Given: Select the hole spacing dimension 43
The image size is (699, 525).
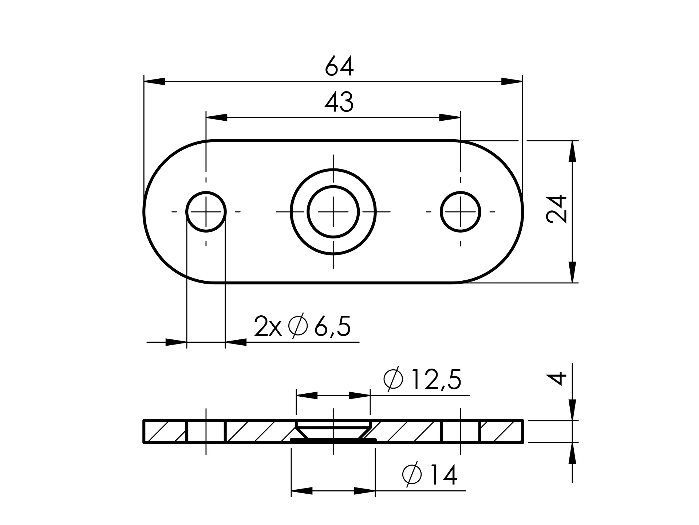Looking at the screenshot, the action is click(339, 102).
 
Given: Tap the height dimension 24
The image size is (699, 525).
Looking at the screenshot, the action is click(557, 209).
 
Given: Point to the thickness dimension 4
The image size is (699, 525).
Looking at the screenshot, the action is click(557, 378).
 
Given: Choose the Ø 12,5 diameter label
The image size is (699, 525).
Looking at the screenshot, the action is click(423, 380).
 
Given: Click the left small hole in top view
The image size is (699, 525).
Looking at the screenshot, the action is click(206, 211).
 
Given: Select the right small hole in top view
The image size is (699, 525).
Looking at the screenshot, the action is click(461, 211).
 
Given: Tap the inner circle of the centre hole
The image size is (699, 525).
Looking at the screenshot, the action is click(333, 211).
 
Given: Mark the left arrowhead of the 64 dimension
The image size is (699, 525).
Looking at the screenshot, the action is click(155, 81).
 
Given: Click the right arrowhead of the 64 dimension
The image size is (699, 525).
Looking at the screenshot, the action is click(512, 81).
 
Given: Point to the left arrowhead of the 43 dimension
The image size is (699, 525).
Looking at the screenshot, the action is click(217, 117).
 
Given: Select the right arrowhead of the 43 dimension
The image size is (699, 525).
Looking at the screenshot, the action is click(450, 117).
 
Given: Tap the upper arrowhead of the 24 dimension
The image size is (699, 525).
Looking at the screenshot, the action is click(573, 151).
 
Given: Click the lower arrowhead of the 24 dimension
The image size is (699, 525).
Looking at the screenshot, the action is click(573, 272).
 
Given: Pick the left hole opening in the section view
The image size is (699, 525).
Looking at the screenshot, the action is click(206, 431).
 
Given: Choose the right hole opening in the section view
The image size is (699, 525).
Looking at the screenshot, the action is click(461, 431).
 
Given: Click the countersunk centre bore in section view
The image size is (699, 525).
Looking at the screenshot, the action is click(333, 431).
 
